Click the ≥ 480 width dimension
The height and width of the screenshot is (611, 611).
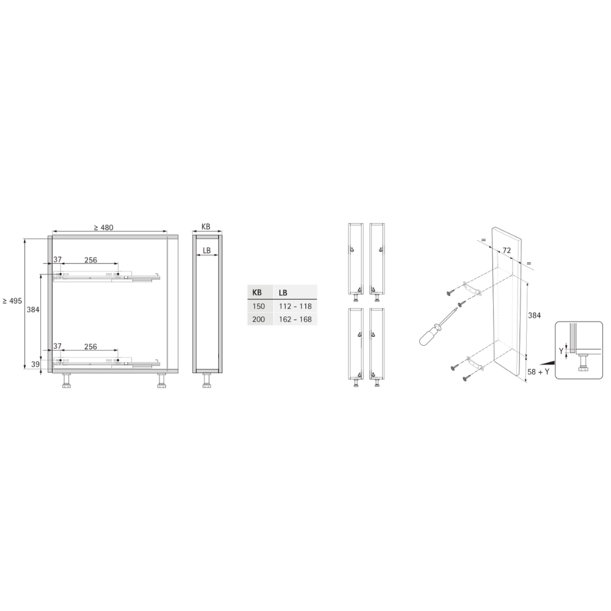103,227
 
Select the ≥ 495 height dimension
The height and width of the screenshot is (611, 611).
12,301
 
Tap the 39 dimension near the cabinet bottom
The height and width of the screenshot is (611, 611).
35,364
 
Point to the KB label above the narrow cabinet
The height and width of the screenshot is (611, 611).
206,227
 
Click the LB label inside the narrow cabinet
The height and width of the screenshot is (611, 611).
207,251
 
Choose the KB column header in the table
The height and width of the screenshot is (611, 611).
257,292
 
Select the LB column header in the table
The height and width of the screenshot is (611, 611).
283,293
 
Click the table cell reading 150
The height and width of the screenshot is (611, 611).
258,306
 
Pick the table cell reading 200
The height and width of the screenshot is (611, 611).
258,319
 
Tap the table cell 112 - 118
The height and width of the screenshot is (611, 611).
295,306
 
